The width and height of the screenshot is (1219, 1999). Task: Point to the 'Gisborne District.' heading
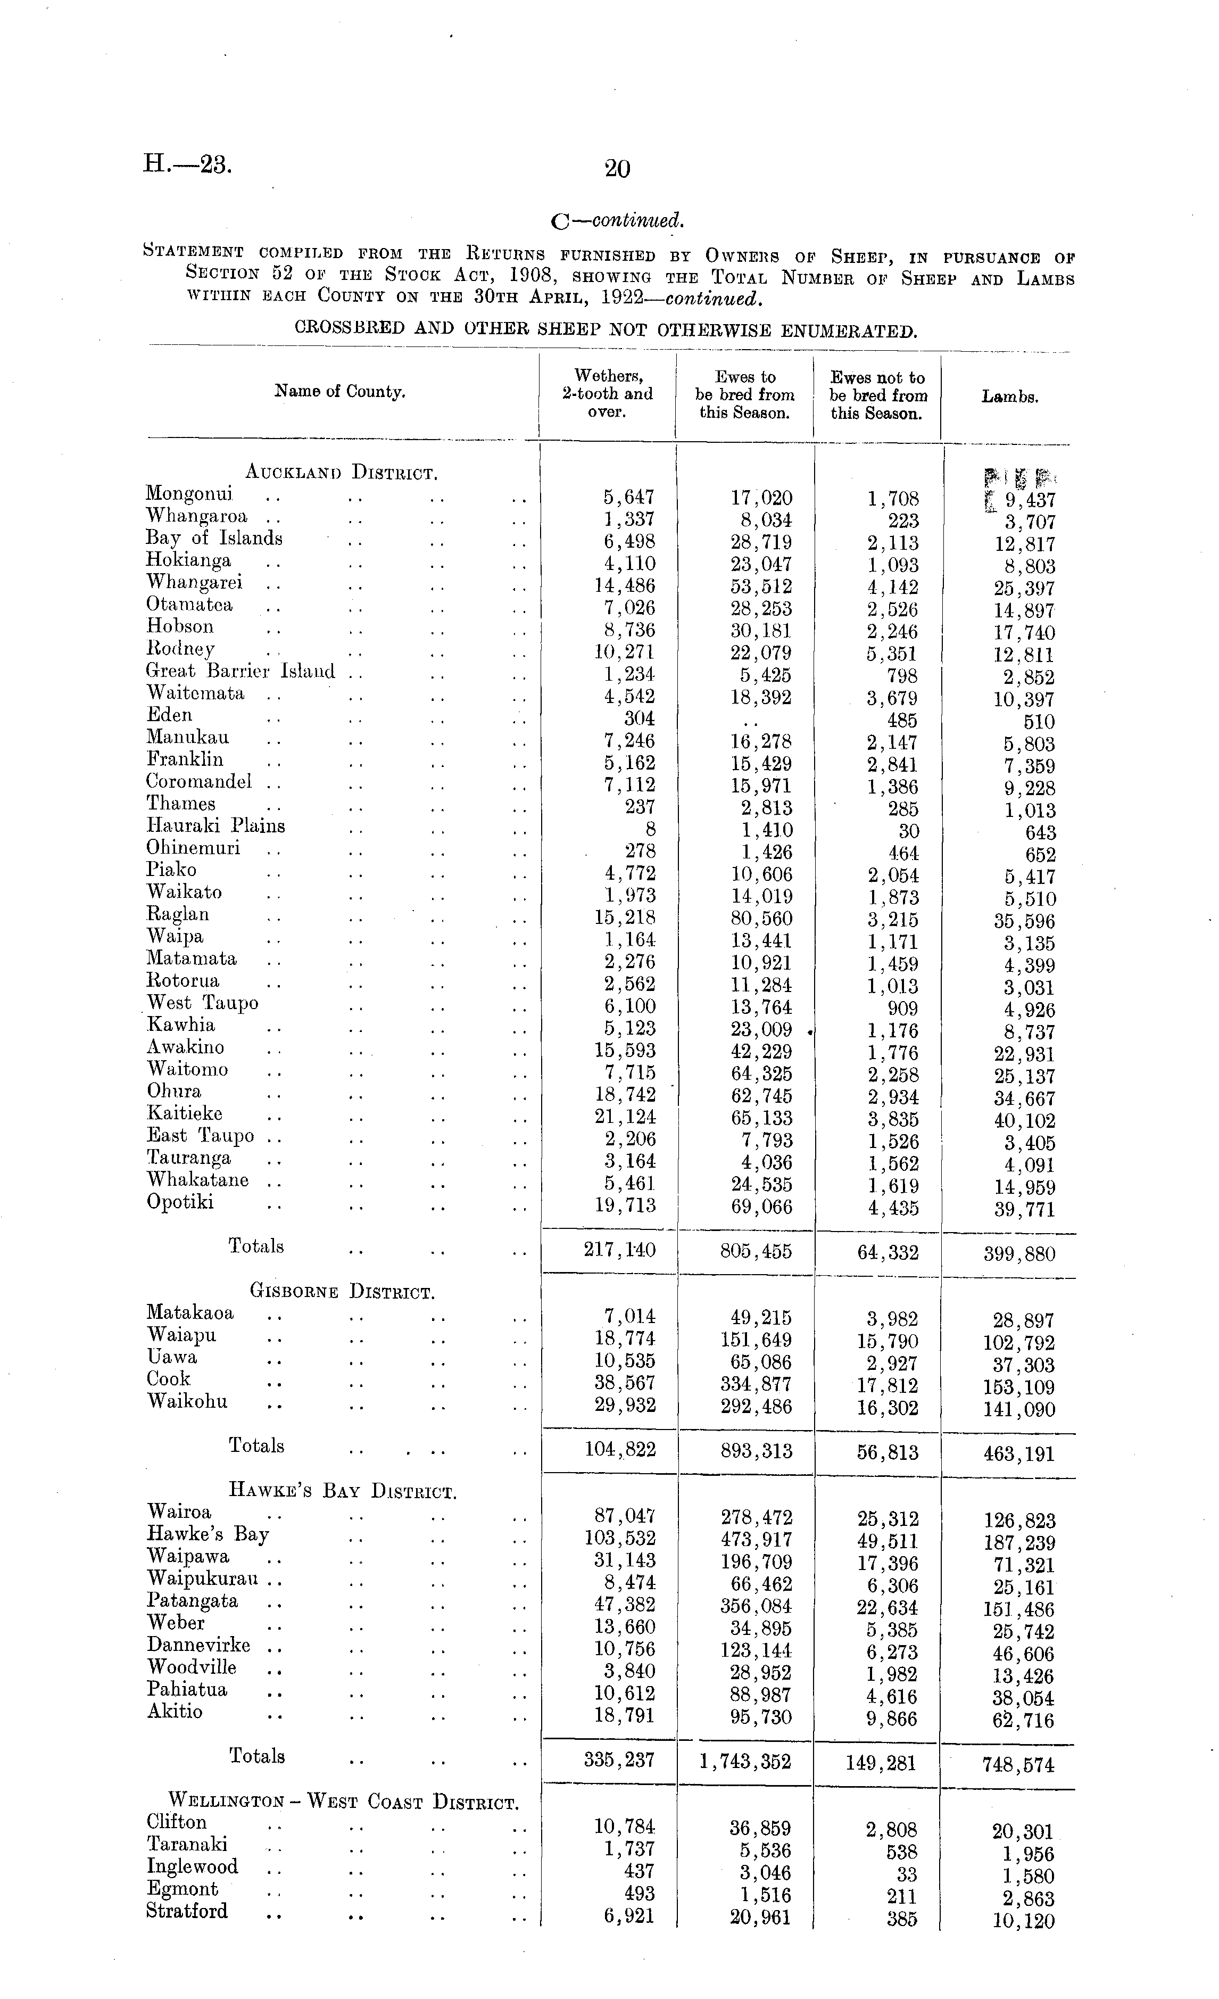pos(342,1292)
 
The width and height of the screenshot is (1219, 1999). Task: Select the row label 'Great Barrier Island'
pos(240,671)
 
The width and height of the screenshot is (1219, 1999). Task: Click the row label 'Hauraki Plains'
pos(215,826)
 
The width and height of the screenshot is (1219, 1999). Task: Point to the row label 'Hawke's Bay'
pos(208,1534)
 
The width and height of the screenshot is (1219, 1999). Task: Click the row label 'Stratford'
pos(187,1911)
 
